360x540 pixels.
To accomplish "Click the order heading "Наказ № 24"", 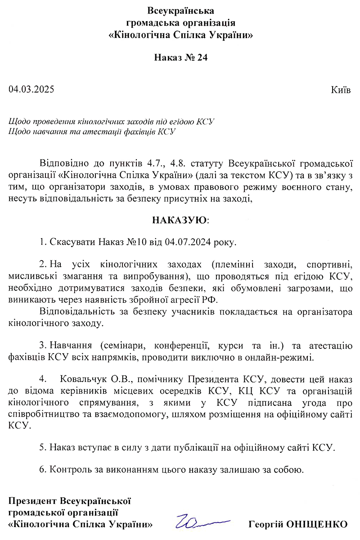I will coord(181,58).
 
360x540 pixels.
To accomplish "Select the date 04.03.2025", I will coord(31,89).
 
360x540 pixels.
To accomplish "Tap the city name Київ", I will coord(341,90).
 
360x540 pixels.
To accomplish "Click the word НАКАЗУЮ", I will coord(180,220).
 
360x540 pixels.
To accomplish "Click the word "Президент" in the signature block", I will coord(33,500).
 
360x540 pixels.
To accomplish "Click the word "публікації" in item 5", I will coord(208,448).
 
